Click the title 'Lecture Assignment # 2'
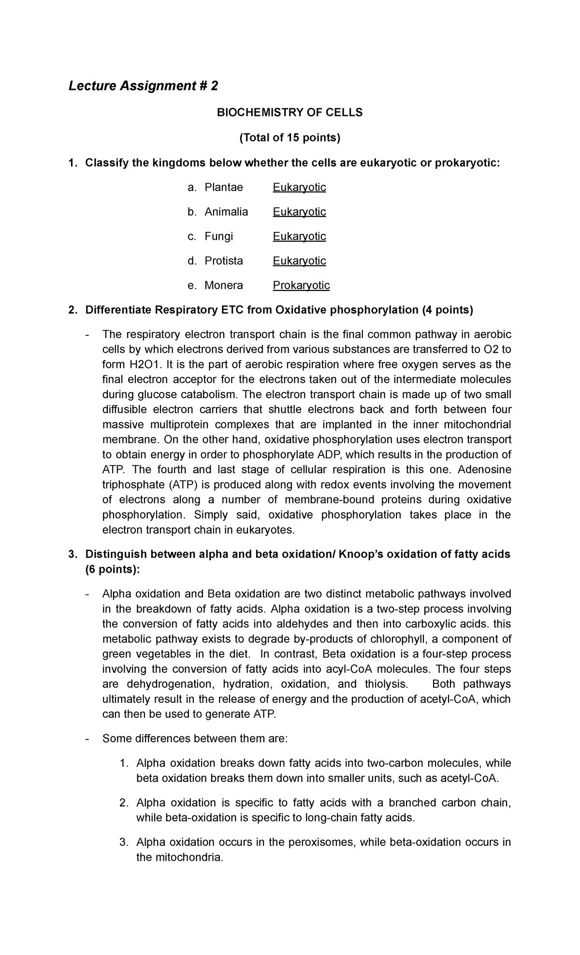[x=143, y=86]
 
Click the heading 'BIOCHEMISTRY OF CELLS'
[x=290, y=113]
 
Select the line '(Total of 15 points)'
[x=290, y=138]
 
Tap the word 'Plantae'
[x=224, y=187]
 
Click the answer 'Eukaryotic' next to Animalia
[x=299, y=212]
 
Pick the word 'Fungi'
[x=218, y=236]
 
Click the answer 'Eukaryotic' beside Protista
[x=299, y=261]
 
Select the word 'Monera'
[x=223, y=286]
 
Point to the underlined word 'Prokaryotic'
[x=301, y=286]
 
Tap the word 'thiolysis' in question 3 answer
[x=386, y=684]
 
